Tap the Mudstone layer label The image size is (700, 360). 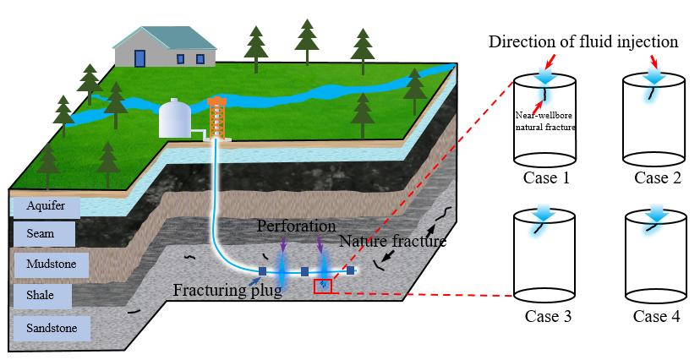click(x=52, y=265)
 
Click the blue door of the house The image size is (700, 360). click(x=139, y=58)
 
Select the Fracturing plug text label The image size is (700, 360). click(x=227, y=291)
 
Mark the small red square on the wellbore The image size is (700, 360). click(x=323, y=286)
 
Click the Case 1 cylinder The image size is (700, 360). click(x=545, y=123)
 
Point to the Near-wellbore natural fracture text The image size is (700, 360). click(x=546, y=120)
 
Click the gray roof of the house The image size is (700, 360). click(x=164, y=37)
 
